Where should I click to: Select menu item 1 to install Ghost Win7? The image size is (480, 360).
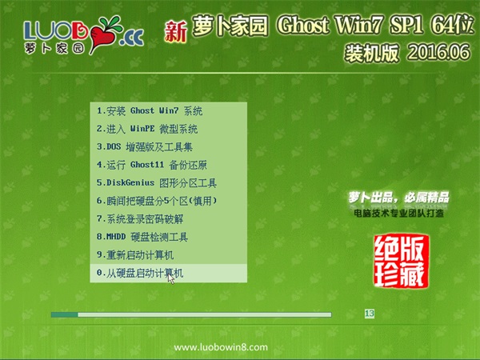[150, 111]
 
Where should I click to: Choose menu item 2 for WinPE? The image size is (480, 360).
[147, 129]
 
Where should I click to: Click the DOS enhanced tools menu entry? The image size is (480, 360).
[145, 147]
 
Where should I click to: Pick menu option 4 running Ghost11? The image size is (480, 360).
[152, 165]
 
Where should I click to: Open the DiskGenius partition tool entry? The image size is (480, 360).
[157, 183]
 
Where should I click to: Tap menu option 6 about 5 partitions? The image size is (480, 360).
[157, 201]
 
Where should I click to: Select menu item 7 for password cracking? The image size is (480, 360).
[140, 219]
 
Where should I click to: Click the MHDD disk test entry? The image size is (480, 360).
[142, 237]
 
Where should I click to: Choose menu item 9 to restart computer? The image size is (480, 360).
[135, 255]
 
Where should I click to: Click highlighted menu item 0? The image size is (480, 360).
[168, 273]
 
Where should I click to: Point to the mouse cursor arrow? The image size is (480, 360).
[171, 278]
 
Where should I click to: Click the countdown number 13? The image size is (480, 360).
[370, 314]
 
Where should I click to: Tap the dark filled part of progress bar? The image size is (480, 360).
[64, 314]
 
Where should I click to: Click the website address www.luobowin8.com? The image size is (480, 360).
[221, 347]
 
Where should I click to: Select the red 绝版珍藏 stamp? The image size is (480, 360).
[401, 261]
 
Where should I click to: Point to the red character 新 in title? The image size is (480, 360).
[175, 31]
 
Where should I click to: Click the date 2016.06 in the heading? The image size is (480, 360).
[438, 52]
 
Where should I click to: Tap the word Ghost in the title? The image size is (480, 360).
[303, 26]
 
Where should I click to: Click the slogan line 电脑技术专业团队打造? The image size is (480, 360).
[398, 213]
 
